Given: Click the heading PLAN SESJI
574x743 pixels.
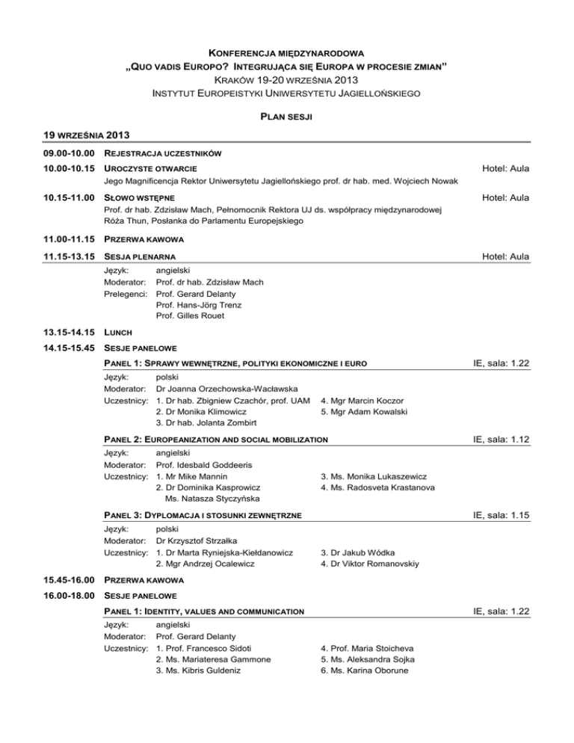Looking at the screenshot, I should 286,117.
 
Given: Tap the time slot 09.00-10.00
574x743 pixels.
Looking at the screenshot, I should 46,154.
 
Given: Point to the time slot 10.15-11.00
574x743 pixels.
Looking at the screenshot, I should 46,198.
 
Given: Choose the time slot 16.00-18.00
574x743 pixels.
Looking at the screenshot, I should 46,596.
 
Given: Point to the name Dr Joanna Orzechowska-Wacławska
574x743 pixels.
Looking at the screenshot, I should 226,389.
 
